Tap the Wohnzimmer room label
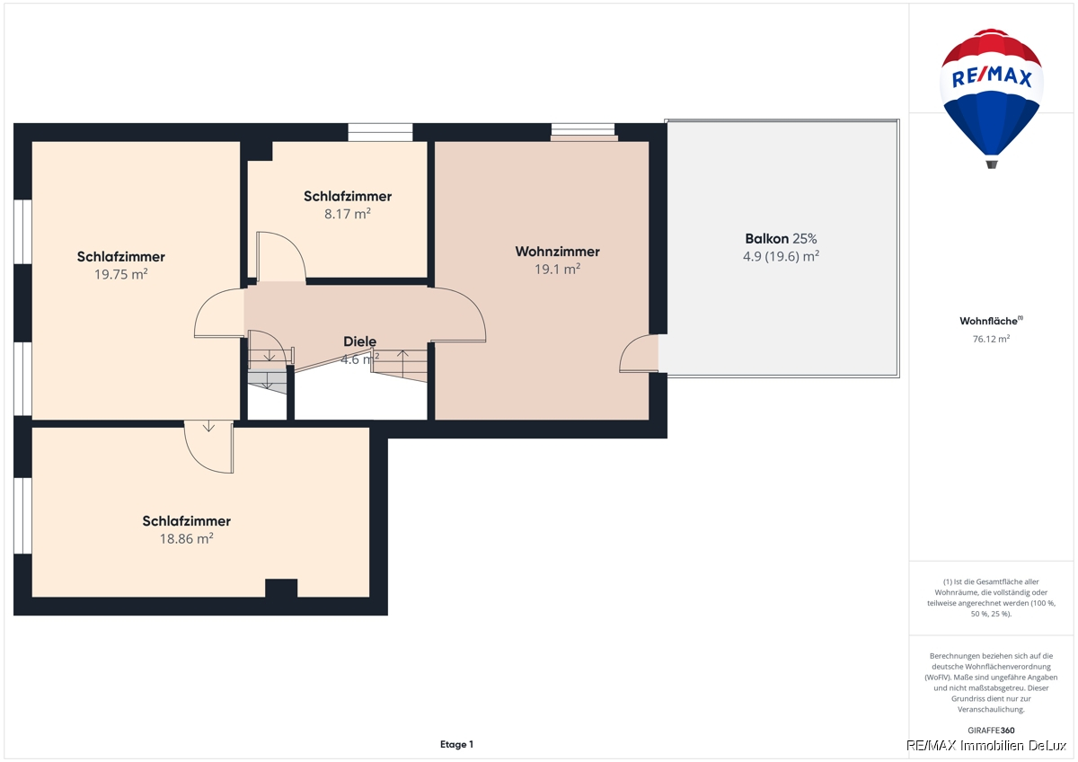557,252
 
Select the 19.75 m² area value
120,274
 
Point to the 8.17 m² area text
348,213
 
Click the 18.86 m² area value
186,538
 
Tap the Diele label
359,341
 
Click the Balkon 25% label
781,238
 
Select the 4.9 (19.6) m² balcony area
781,256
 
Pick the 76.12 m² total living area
991,339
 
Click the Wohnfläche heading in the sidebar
991,321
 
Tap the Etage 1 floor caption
456,744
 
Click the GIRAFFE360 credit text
991,731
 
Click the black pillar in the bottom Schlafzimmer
281,589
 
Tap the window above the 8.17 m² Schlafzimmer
380,132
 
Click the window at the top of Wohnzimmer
583,132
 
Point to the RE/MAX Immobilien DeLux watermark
986,746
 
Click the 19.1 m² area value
557,269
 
